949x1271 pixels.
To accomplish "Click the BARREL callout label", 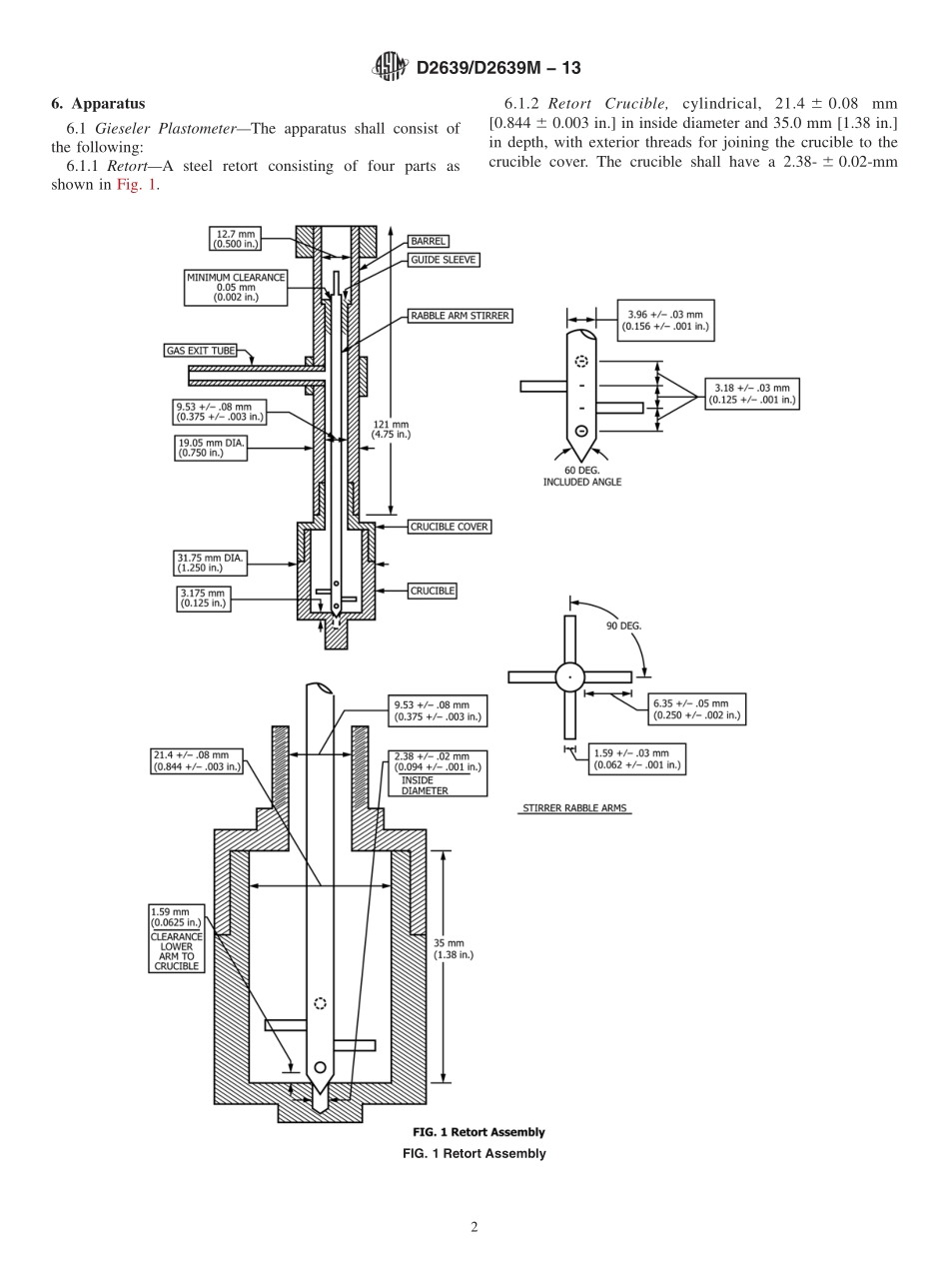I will pyautogui.click(x=429, y=241).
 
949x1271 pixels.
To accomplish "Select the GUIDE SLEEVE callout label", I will pyautogui.click(x=444, y=260).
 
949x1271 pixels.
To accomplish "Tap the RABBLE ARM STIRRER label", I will pyautogui.click(x=460, y=316).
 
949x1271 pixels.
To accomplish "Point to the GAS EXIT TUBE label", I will pyautogui.click(x=200, y=351).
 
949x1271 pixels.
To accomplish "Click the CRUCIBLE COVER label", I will pyautogui.click(x=450, y=527).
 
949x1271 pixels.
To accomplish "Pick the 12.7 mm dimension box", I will pyautogui.click(x=235, y=239).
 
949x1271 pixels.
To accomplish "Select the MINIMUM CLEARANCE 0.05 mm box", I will pyautogui.click(x=236, y=287).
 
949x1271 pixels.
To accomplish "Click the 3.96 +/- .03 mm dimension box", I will pyautogui.click(x=665, y=321).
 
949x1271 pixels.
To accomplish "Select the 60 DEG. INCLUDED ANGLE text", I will pyautogui.click(x=581, y=476).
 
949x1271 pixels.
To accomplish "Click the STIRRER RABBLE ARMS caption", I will pyautogui.click(x=575, y=808).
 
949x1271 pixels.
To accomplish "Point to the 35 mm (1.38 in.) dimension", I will pyautogui.click(x=453, y=949).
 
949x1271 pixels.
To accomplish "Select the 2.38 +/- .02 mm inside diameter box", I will pyautogui.click(x=438, y=772).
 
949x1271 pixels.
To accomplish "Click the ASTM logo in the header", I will pyautogui.click(x=389, y=67).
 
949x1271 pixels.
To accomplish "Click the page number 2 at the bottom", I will pyautogui.click(x=474, y=1227).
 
